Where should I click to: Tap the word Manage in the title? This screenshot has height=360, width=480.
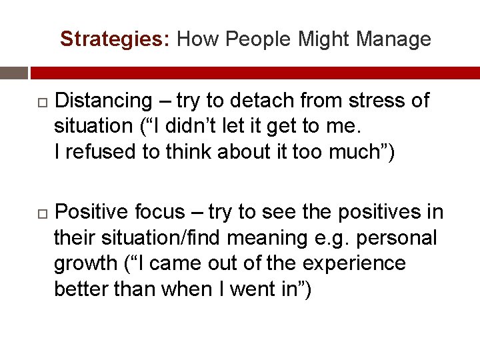[x=393, y=40]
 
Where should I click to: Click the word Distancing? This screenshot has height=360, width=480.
[x=104, y=101]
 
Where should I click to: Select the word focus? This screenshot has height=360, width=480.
[x=159, y=212]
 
